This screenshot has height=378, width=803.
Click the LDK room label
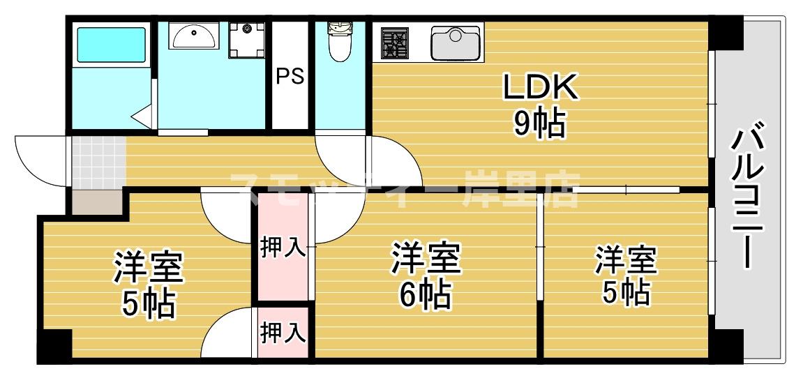540,88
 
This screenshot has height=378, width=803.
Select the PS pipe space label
290,76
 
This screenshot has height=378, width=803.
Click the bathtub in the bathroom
112,45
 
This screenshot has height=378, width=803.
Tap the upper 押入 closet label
283,248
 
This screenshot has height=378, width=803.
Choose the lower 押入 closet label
283,333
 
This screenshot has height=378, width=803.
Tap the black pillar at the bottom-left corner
54,345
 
